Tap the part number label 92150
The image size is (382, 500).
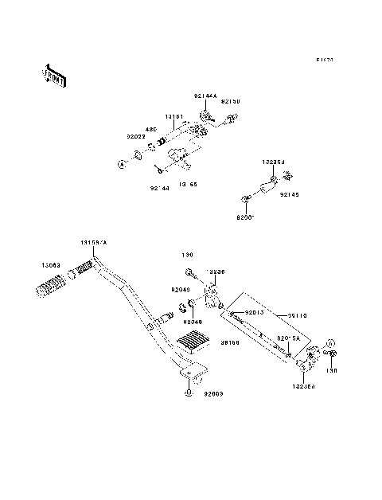pos(230,102)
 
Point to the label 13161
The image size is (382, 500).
pos(174,117)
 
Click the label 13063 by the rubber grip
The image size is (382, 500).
pos(31,266)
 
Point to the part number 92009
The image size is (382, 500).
pos(212,393)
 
